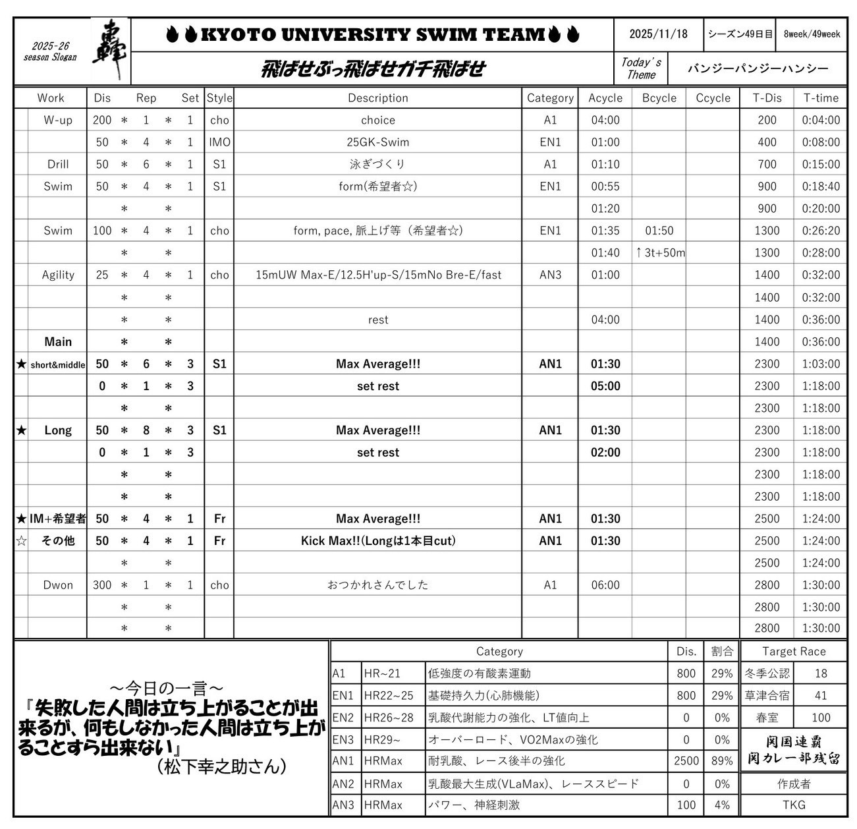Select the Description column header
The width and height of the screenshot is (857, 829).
point(377,98)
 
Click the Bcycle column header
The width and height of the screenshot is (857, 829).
point(659,98)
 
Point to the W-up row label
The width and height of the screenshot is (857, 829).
point(58,120)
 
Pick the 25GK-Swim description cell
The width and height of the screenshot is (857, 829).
point(377,142)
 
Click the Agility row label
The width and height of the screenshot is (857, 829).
point(58,275)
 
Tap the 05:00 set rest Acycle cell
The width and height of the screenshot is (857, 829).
point(605,386)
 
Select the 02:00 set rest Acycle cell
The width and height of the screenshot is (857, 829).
point(605,453)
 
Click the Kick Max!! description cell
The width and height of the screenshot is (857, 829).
point(377,541)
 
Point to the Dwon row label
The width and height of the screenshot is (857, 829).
point(58,585)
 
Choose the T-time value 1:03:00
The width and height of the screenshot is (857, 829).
point(821,364)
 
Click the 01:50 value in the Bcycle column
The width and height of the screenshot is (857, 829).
point(659,231)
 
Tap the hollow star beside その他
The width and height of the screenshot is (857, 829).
point(22,541)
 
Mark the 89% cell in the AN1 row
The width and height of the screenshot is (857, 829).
point(722,761)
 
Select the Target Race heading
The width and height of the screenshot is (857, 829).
point(794,651)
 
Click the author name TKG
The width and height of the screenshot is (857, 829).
point(794,805)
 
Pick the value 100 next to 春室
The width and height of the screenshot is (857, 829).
point(821,718)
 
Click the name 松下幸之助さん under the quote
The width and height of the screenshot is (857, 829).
point(221,766)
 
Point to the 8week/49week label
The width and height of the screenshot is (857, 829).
point(812,34)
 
